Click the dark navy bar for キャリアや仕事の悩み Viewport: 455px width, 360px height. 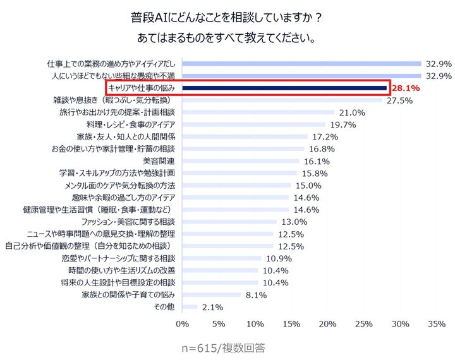tap(284, 88)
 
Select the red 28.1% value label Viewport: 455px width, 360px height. tap(406, 88)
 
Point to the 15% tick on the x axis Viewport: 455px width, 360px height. tap(291, 325)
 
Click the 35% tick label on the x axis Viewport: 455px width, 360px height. tap(437, 325)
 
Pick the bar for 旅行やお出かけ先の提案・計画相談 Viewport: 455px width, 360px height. tap(258, 112)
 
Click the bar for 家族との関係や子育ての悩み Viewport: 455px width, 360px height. tap(212, 294)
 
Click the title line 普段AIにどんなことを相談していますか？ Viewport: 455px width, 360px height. tap(227, 15)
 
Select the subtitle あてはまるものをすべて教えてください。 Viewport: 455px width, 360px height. tap(227, 38)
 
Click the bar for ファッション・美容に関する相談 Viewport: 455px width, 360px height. tap(229, 222)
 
